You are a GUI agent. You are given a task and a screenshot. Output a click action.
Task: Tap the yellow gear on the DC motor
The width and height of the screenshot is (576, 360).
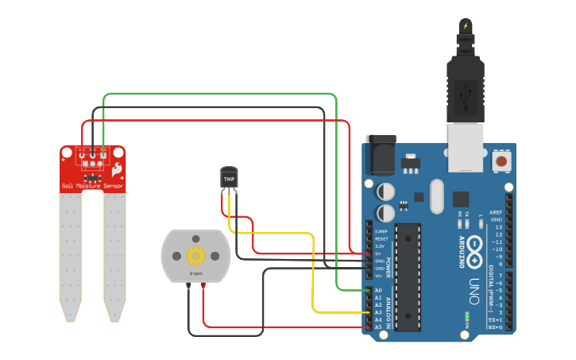pyautogui.click(x=195, y=256)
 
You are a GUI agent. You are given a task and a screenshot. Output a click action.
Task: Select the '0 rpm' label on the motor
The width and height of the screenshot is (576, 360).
pyautogui.click(x=195, y=273)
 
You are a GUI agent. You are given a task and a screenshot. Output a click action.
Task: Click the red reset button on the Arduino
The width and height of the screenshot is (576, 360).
pyautogui.click(x=501, y=161)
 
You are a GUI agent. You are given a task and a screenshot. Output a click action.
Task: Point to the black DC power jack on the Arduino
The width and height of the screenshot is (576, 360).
pyautogui.click(x=379, y=154)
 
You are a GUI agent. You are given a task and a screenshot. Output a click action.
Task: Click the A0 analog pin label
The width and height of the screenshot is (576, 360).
pyautogui.click(x=378, y=290)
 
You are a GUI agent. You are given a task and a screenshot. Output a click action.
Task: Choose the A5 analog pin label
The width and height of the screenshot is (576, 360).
pyautogui.click(x=378, y=327)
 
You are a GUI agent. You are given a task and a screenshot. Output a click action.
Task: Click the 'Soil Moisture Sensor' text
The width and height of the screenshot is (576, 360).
pyautogui.click(x=93, y=186)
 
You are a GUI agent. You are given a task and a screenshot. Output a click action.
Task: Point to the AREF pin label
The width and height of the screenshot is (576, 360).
pyautogui.click(x=497, y=212)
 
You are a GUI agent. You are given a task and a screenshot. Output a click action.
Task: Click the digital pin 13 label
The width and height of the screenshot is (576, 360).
pyautogui.click(x=498, y=227)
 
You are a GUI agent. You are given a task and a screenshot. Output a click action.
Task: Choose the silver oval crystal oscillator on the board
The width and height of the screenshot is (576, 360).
pyautogui.click(x=436, y=196)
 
